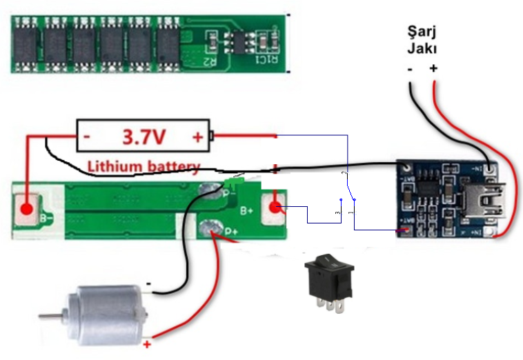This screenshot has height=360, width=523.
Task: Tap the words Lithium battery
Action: click(144, 166)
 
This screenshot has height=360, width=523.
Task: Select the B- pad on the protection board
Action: click(27, 209)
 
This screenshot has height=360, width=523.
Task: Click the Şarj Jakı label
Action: click(422, 40)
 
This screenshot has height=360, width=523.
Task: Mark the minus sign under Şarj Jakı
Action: click(409, 68)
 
